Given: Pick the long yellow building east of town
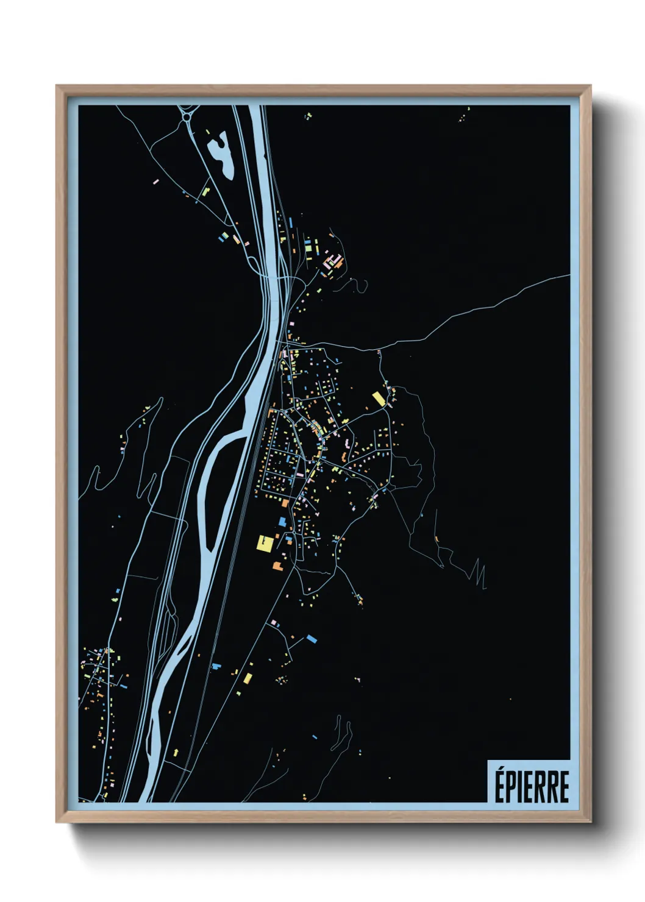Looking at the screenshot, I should (x=379, y=399).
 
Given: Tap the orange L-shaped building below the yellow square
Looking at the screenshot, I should (x=278, y=566).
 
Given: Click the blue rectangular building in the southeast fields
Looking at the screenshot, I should (x=312, y=639).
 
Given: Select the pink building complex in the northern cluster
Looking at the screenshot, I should (x=332, y=261).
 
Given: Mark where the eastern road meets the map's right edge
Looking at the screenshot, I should (x=569, y=275).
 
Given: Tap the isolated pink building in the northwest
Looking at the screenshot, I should (x=155, y=181).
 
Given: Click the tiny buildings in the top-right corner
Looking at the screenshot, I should (x=466, y=113).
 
